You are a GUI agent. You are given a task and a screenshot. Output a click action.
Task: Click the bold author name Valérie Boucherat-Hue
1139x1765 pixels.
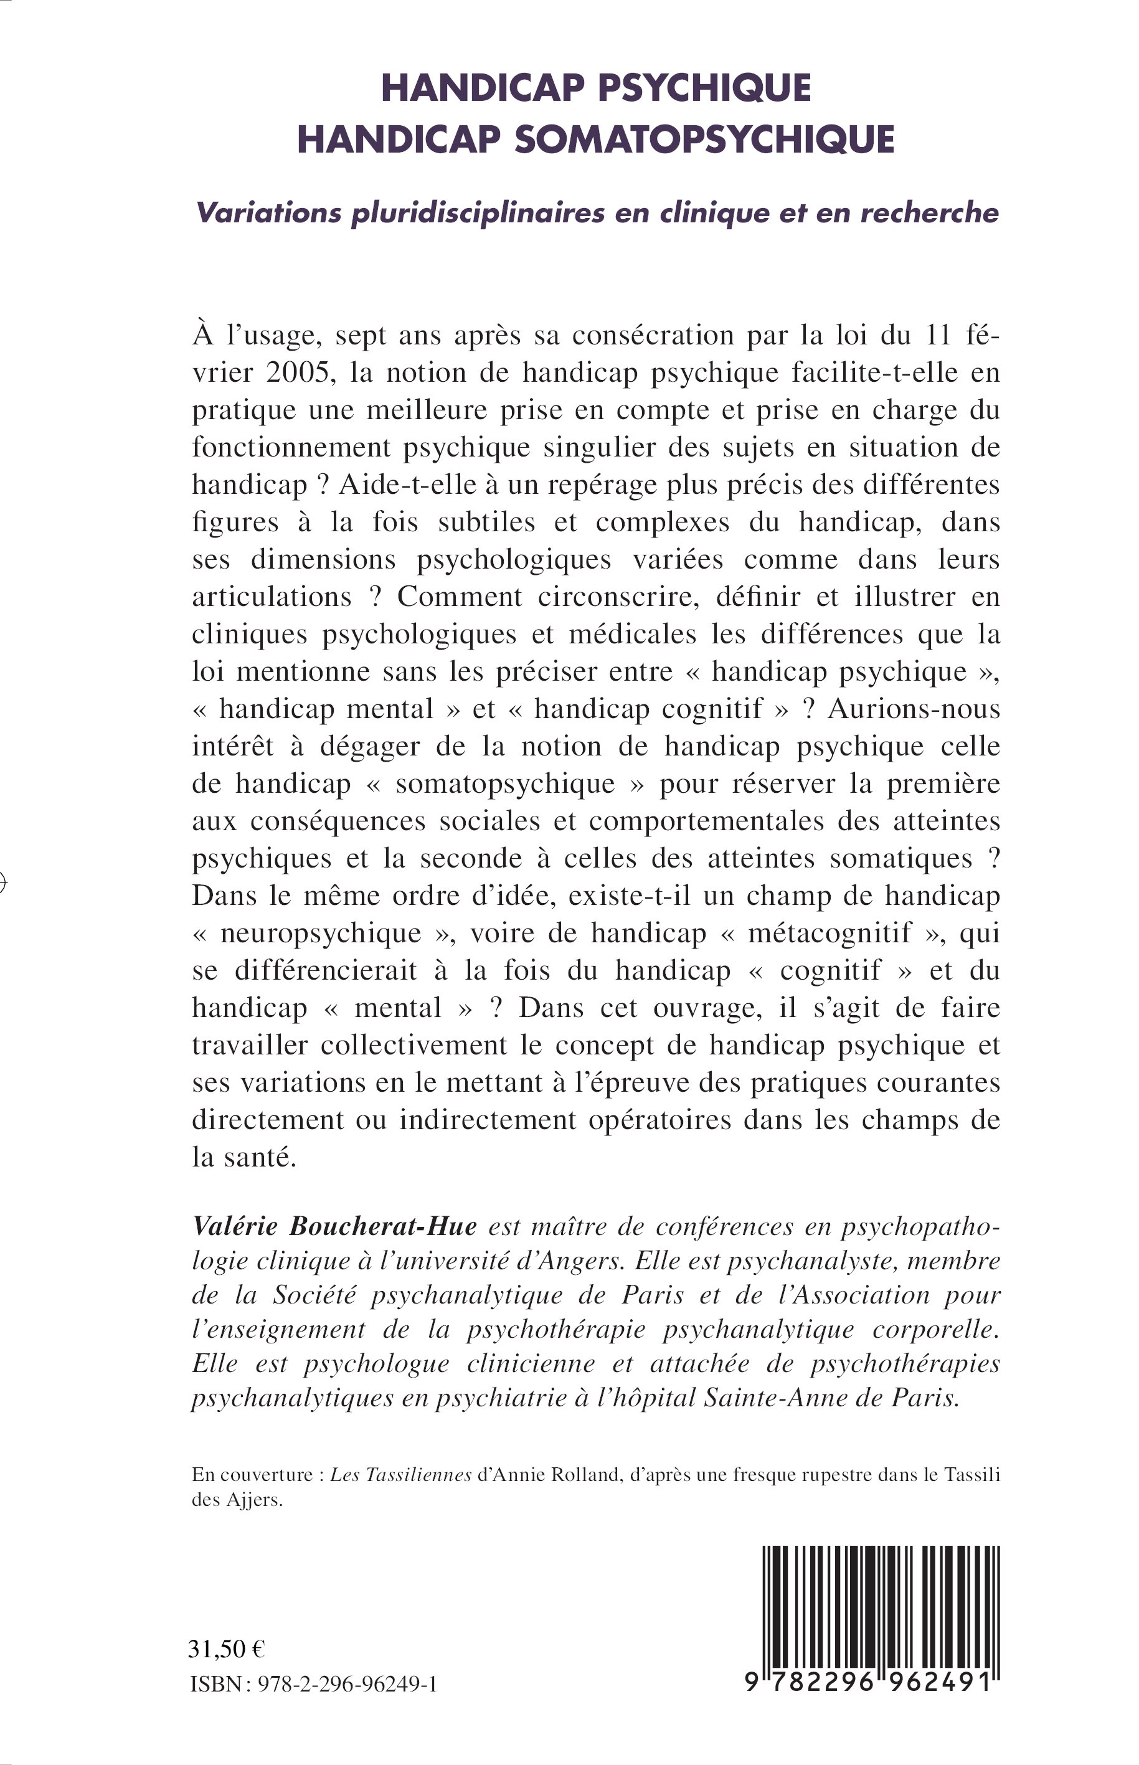click(334, 1226)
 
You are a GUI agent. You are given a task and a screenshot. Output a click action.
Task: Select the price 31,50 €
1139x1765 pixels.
click(227, 1650)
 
